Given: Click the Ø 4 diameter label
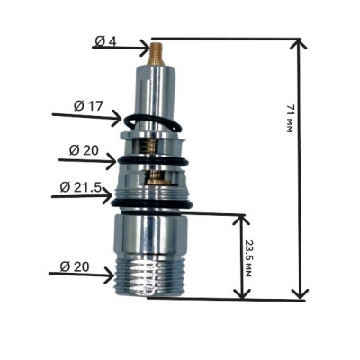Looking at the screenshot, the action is click(105, 41).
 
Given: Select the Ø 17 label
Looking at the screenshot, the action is click(88, 106).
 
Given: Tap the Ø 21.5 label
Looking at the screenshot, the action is click(81, 187).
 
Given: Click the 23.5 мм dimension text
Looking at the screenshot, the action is click(247, 258).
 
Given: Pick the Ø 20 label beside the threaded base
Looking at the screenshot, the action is click(75, 266).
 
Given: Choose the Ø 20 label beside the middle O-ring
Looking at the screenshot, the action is click(84, 150).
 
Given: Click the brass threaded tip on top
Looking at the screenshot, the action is click(156, 53).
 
